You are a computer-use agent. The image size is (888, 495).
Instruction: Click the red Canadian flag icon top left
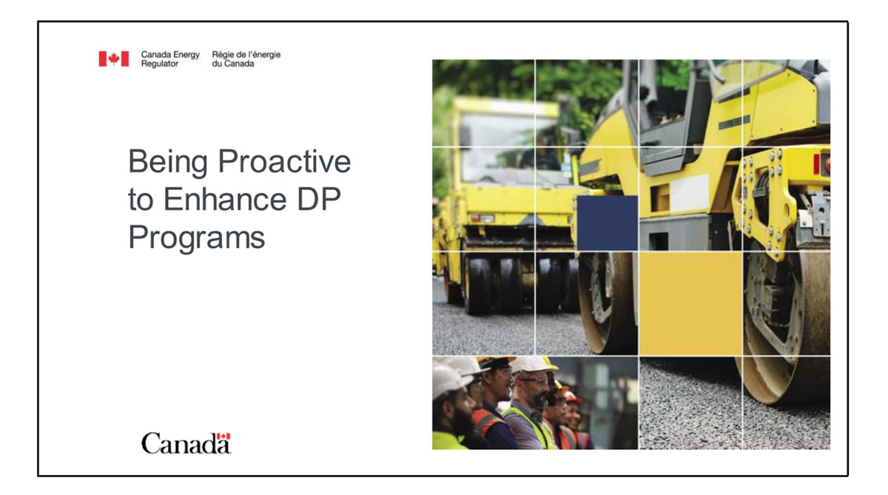click(x=113, y=59)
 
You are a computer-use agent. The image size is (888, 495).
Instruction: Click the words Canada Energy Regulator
click(x=169, y=59)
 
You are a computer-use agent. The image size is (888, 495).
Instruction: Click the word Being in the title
click(x=164, y=162)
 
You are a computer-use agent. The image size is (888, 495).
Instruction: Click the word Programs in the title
click(x=196, y=238)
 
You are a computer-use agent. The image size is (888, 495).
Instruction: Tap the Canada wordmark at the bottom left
click(x=186, y=443)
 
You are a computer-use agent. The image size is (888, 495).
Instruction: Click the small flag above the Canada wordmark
click(x=225, y=437)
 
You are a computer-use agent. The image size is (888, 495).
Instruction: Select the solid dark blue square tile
click(x=607, y=223)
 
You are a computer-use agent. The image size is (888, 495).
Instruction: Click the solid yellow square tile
click(x=690, y=304)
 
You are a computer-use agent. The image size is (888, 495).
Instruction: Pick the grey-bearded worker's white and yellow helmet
click(x=533, y=364)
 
